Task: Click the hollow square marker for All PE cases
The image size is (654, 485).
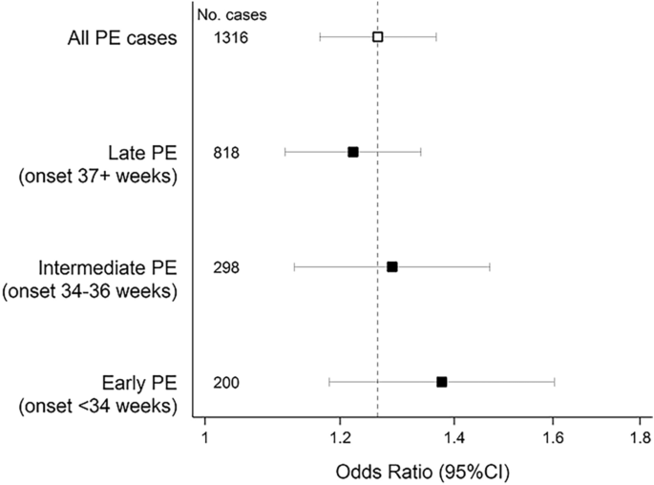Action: [377, 37]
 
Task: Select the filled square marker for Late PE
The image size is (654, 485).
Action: [353, 152]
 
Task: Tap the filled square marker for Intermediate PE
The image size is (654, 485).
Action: [391, 266]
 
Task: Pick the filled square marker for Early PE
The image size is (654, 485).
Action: [441, 382]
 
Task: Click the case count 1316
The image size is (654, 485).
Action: [232, 37]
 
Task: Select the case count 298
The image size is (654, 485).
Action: [227, 267]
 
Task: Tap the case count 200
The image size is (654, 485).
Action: [227, 383]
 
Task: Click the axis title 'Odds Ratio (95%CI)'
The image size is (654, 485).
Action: [415, 472]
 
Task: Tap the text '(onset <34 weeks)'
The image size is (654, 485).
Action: [98, 406]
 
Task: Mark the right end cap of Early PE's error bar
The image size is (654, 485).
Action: [554, 382]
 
